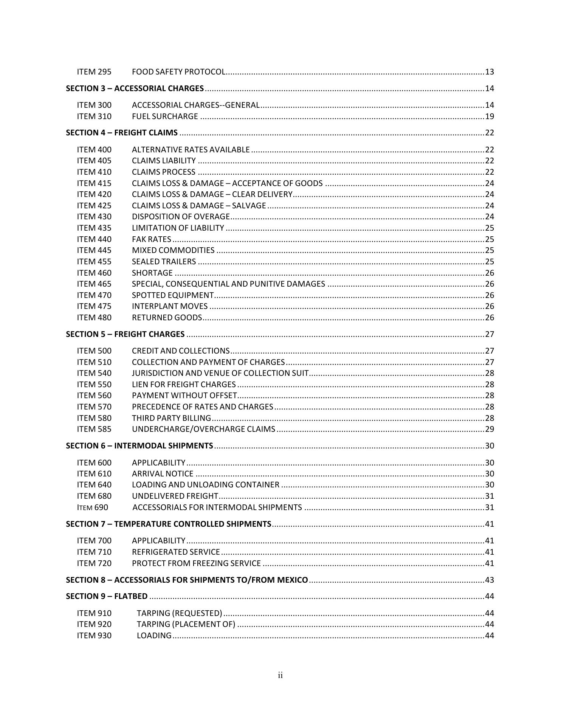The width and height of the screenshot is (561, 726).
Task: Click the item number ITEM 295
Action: pos(94,72)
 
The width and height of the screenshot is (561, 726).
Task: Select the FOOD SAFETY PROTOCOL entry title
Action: pos(178,72)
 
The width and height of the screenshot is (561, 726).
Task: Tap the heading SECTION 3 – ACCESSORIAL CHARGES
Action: pos(135,88)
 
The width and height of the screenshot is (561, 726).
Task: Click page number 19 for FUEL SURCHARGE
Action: pos(490,116)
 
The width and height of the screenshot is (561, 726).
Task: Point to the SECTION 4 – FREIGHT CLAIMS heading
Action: pos(122,133)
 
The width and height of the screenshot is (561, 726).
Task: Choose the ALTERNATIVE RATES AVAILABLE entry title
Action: pos(191,150)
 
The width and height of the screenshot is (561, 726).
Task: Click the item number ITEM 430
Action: pos(94,217)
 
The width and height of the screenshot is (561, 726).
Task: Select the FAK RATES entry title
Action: pos(151,239)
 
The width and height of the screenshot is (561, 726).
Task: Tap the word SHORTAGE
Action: pos(152,273)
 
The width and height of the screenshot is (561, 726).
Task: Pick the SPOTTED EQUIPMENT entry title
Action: pos(173,295)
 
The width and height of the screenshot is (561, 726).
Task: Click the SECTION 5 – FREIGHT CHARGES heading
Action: pos(125,334)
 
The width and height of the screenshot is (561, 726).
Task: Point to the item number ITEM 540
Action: pos(94,373)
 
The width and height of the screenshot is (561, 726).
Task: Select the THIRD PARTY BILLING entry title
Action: pos(171,418)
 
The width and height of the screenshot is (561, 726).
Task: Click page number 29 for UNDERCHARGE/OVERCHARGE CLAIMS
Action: pos(490,429)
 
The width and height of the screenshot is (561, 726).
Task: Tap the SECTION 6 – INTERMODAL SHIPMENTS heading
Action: pos(139,446)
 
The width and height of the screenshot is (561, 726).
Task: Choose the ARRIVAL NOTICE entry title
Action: pos(163,474)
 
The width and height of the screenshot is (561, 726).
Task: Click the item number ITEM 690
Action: pos(93,507)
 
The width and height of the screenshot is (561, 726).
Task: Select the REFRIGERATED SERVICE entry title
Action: pos(176,552)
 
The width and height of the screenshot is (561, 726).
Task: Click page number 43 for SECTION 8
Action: pos(490,580)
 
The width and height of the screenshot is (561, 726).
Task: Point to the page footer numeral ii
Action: pos(280,675)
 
